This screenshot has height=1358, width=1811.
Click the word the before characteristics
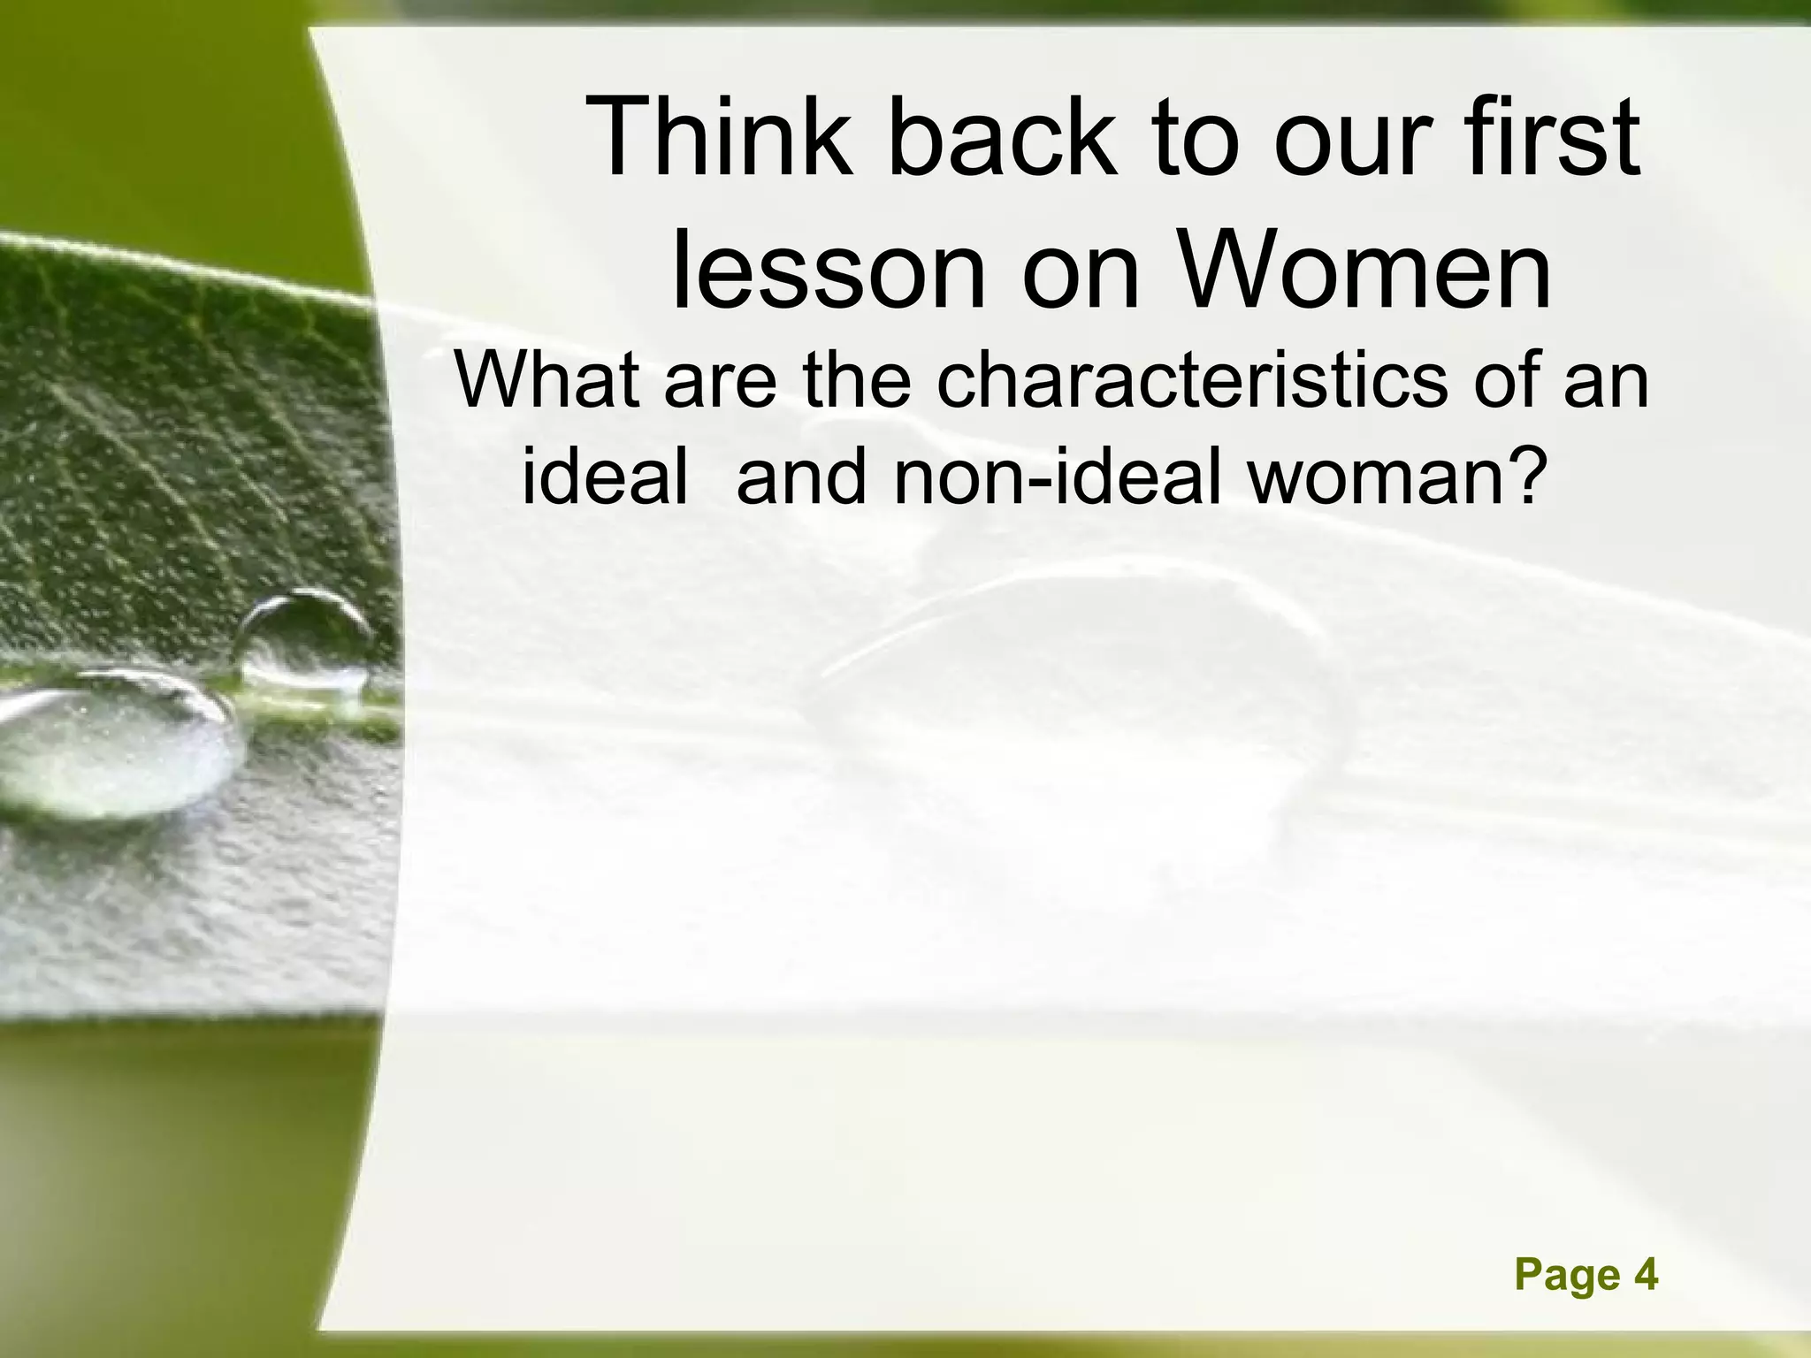pos(856,380)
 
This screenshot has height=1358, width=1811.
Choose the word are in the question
pos(720,380)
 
